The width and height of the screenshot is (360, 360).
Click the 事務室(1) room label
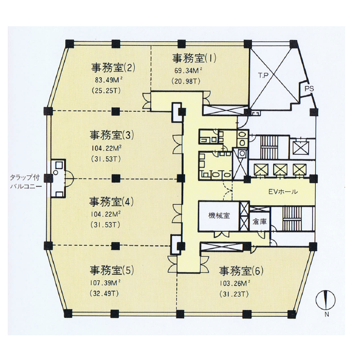(194, 58)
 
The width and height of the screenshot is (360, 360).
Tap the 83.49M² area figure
(109, 80)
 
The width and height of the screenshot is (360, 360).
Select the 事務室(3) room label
(112, 135)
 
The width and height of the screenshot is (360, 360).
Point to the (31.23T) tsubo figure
(234, 294)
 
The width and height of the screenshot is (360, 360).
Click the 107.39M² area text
(105, 283)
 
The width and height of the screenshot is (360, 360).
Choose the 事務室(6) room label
(241, 271)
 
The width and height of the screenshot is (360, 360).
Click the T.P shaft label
(263, 76)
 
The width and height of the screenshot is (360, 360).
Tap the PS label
(309, 88)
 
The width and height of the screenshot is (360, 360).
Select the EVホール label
(283, 191)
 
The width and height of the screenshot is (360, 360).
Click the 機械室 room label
(219, 215)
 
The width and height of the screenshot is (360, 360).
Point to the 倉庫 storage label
(260, 222)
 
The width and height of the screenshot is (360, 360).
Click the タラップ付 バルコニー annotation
(26, 182)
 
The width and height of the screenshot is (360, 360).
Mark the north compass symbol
(326, 300)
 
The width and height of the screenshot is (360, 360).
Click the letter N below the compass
(327, 315)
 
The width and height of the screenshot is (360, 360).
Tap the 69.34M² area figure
(188, 70)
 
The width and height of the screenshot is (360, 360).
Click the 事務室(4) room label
(112, 202)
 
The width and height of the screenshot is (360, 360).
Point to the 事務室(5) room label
(112, 270)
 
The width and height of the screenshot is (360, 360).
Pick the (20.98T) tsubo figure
(186, 81)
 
